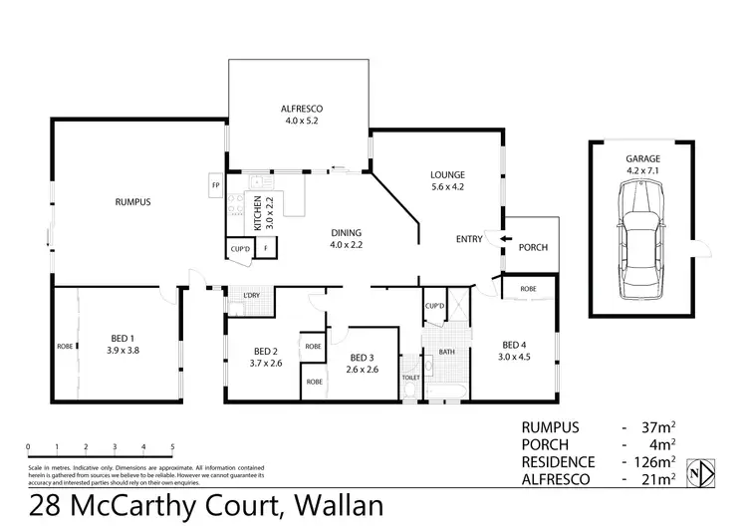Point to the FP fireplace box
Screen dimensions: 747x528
click(x=215, y=186)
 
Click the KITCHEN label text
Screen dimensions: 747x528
click(x=257, y=212)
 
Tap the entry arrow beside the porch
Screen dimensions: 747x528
click(x=504, y=239)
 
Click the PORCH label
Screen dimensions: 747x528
click(x=534, y=248)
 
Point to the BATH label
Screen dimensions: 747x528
click(x=447, y=351)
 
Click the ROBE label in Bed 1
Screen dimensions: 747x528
click(x=64, y=347)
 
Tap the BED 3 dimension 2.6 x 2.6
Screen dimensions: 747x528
click(x=364, y=370)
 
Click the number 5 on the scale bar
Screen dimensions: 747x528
click(x=172, y=445)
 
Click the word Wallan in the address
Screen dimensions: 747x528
click(x=335, y=505)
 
